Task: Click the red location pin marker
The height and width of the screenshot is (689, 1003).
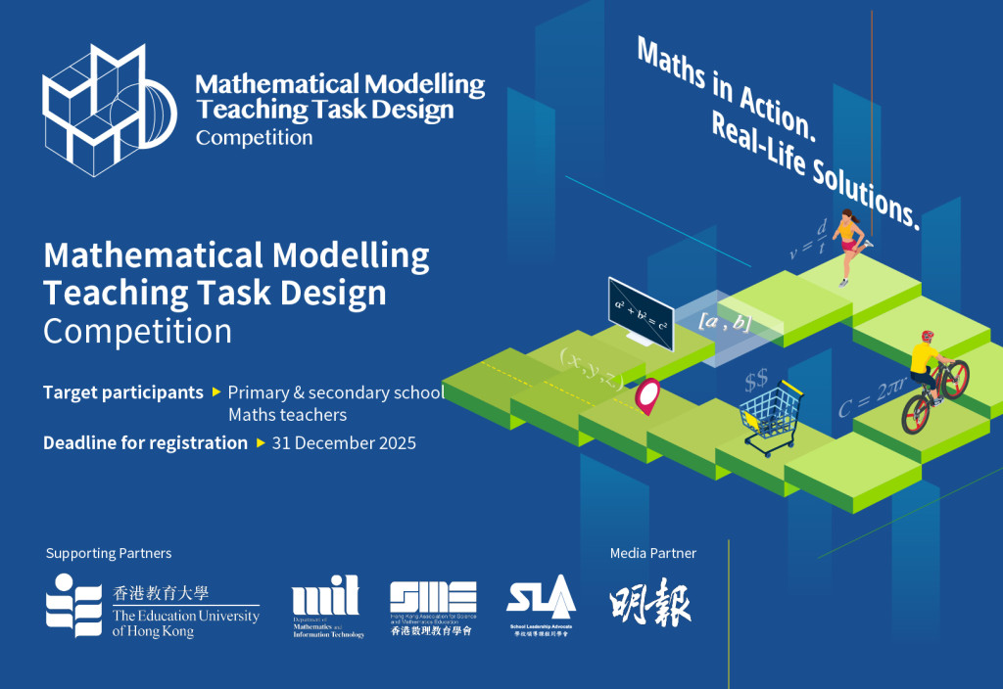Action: coord(647,396)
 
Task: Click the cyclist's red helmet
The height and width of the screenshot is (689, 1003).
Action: coord(927,337)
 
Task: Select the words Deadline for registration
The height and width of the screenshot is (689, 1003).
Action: coord(145,442)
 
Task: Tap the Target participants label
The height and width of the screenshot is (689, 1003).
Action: coord(122,392)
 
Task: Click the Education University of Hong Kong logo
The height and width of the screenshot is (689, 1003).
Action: coord(152,606)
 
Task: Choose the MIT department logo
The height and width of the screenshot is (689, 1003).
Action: coord(327,607)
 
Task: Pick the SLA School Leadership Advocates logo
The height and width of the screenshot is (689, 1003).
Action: coord(540,607)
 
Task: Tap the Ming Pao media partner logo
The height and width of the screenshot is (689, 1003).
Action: coord(650,605)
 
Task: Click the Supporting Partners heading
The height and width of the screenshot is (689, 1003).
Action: coord(109,553)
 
